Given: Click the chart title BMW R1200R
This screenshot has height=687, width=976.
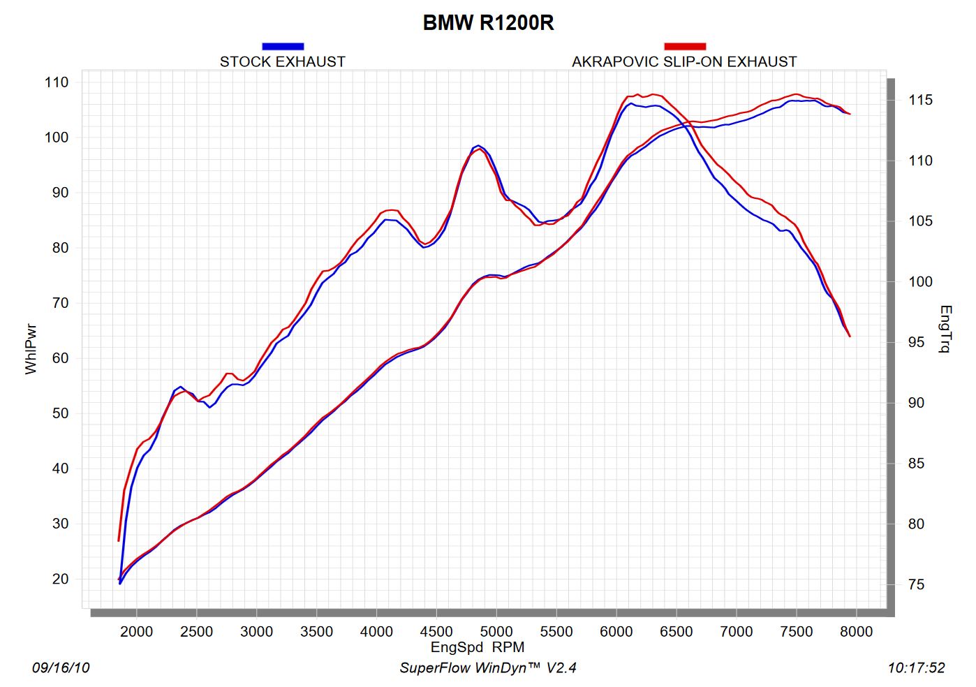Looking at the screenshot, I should [x=488, y=23].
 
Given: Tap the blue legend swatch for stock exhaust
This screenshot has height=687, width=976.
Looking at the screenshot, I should [x=283, y=46].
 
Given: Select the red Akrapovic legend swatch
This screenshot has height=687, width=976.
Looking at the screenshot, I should [x=684, y=46].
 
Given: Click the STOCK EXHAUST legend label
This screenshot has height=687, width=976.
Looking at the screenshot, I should [x=283, y=61].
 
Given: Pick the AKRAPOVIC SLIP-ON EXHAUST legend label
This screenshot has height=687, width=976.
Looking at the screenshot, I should [x=684, y=61].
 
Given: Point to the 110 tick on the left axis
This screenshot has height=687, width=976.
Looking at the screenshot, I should [x=57, y=82].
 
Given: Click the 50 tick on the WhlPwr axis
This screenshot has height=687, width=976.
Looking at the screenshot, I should [x=60, y=413].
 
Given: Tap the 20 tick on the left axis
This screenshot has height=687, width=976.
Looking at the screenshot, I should [x=60, y=579].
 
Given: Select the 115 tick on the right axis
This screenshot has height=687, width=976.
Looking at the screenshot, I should [x=920, y=100].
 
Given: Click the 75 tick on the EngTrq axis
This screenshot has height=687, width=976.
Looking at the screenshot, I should [x=916, y=584].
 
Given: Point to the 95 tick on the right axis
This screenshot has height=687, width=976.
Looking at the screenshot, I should [x=916, y=342].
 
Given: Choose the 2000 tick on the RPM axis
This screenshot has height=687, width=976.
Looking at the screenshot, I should [x=136, y=632].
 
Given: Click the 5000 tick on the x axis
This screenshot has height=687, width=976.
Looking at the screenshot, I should [x=496, y=632].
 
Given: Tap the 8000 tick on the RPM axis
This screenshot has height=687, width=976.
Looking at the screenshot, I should [x=856, y=632].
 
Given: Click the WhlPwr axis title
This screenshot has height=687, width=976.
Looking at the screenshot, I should [x=31, y=349].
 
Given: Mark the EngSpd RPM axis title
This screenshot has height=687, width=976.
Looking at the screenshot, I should [x=478, y=647].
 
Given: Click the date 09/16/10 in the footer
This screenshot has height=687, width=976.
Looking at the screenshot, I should [x=61, y=668].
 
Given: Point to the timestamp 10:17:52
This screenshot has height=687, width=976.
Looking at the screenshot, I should [x=916, y=668].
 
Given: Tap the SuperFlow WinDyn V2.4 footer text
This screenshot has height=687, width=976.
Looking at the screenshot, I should [x=488, y=668].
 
